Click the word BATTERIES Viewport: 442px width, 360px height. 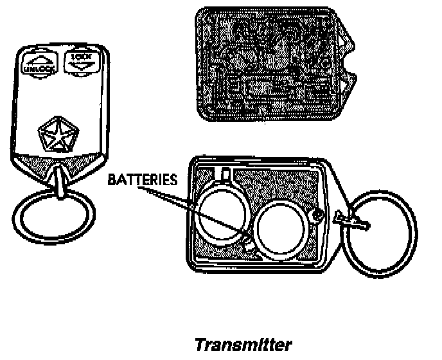pos(142,179)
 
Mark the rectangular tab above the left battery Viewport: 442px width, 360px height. pos(224,174)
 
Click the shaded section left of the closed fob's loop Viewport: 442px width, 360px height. pos(33,163)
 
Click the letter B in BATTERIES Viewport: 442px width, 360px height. pos(112,179)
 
